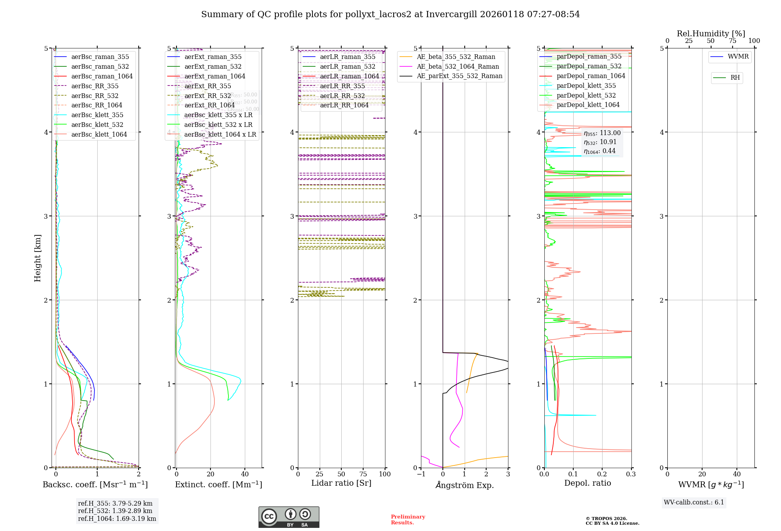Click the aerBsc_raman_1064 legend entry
(x=102, y=77)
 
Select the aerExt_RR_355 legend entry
(x=207, y=86)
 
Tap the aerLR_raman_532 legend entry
(x=347, y=67)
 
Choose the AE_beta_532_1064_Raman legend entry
(x=458, y=67)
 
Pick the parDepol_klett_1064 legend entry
(x=588, y=105)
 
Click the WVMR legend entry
(x=738, y=57)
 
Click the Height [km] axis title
(x=37, y=258)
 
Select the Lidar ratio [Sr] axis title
(x=341, y=483)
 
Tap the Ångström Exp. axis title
(x=465, y=485)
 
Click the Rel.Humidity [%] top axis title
(x=711, y=34)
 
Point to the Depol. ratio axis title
(x=587, y=483)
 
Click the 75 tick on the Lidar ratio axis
(x=363, y=474)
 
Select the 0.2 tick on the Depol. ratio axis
(x=602, y=474)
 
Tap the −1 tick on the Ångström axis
(x=421, y=474)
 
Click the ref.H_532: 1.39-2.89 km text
(x=115, y=511)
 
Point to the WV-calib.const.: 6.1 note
(x=694, y=502)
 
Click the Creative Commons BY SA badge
(x=289, y=517)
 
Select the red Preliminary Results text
(x=408, y=520)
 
